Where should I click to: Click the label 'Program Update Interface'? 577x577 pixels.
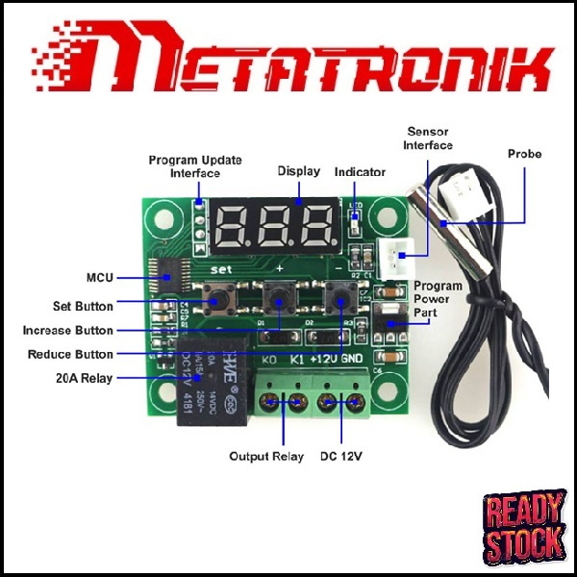tap(194, 166)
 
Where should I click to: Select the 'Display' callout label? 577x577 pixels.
tap(299, 171)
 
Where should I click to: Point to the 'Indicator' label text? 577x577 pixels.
tap(360, 172)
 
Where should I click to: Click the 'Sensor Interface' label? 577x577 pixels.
tap(429, 138)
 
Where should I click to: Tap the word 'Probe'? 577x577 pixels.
tap(525, 154)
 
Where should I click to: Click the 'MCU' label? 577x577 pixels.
tap(99, 278)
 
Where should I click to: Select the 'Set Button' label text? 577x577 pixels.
tap(83, 307)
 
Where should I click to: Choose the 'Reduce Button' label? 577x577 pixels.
tap(70, 355)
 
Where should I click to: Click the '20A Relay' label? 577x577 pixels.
tap(84, 379)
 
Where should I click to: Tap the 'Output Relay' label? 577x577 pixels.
tap(266, 456)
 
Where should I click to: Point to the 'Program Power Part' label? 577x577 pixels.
tap(438, 298)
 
